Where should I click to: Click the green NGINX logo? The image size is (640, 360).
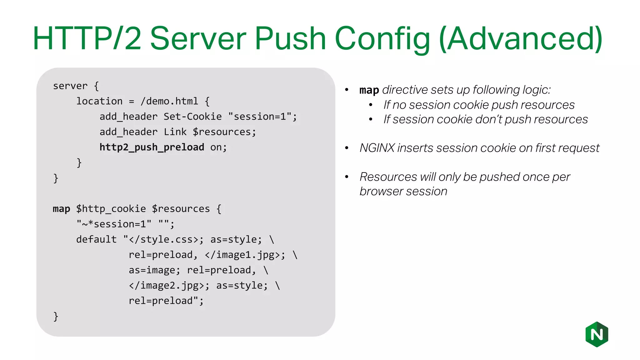click(597, 334)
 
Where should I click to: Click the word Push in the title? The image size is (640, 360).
click(291, 38)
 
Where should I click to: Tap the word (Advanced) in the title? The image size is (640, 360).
click(521, 39)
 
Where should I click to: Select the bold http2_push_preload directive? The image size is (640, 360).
click(152, 147)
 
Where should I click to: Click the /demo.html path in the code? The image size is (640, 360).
click(169, 101)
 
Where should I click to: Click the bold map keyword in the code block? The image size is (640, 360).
click(61, 209)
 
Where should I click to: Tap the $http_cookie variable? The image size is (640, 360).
click(111, 209)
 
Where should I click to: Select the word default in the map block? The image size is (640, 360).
click(96, 239)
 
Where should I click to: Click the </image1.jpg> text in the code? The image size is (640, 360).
click(242, 255)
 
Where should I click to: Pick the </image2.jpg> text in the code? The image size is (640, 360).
click(166, 285)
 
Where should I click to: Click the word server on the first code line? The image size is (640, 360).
click(70, 86)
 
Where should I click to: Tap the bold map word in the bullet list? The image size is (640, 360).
click(369, 90)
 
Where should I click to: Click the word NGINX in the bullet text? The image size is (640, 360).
click(377, 148)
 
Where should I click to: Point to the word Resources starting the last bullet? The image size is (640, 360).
click(388, 177)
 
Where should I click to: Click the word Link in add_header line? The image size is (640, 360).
click(175, 132)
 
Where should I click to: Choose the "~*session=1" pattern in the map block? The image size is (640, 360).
click(114, 224)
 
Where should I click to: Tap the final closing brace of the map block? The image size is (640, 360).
click(56, 316)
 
